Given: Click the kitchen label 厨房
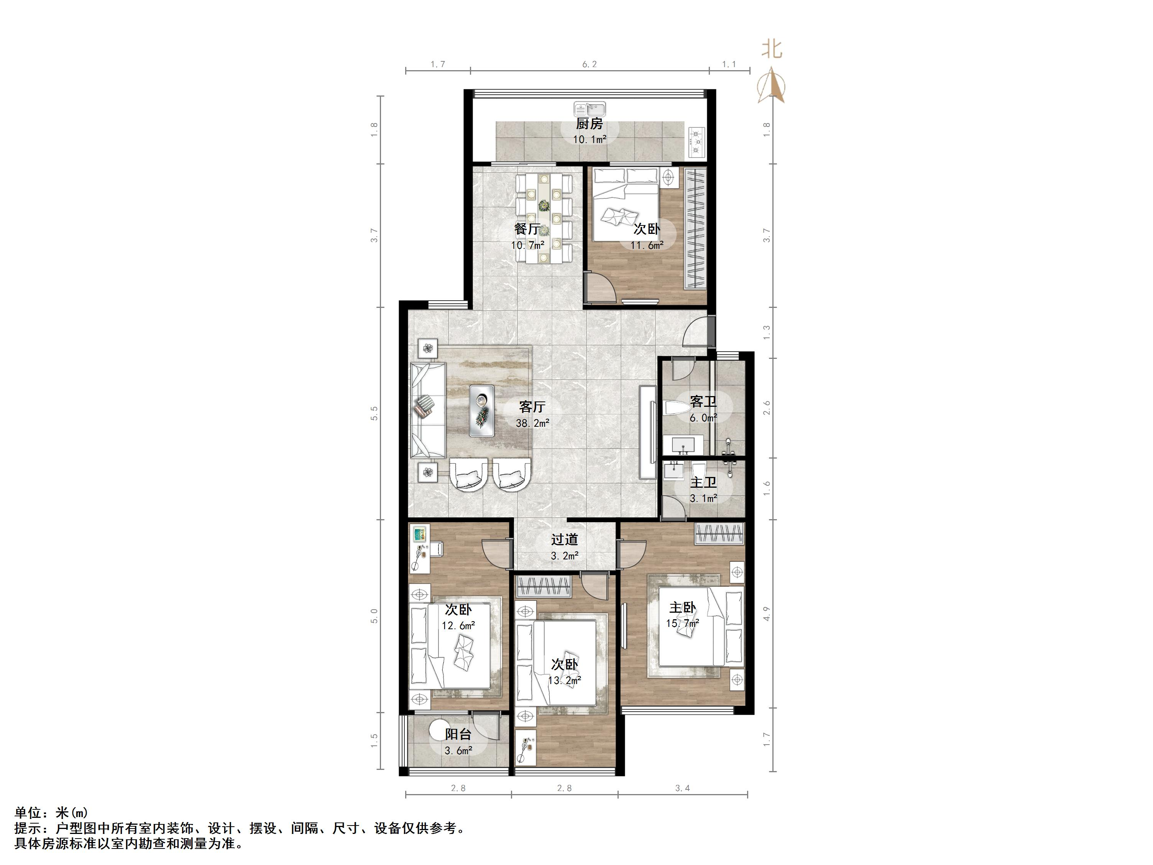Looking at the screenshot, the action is [590, 123].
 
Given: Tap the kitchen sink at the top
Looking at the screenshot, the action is [590, 109].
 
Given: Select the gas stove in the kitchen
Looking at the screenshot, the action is [697, 142].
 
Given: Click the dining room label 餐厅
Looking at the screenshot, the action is [527, 229].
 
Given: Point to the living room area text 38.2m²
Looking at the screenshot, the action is [532, 423].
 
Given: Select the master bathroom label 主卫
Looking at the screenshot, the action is [703, 483].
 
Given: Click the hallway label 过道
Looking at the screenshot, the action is [565, 539].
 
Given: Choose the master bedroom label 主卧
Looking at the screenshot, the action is [682, 607].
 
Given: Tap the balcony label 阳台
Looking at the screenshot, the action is [458, 735].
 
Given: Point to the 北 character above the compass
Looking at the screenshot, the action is [772, 49].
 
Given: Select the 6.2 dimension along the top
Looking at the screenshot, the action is [590, 64].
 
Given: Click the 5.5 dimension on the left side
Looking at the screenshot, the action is [374, 413].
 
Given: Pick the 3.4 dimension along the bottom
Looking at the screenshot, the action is [682, 788].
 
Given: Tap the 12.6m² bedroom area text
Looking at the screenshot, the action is [458, 625].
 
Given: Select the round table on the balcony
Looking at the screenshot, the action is [443, 733].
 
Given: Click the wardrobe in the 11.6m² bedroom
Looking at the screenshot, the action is [695, 229].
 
